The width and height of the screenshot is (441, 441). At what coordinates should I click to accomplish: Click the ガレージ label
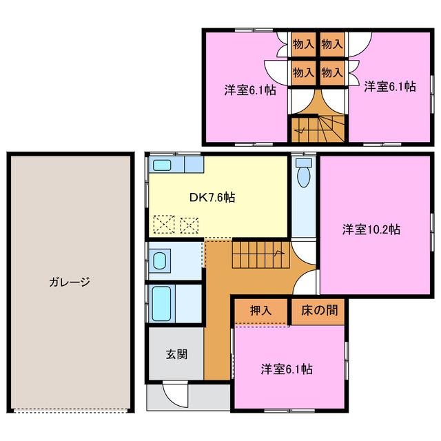pyautogui.click(x=70, y=282)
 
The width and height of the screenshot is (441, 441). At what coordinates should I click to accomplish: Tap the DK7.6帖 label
pyautogui.click(x=212, y=198)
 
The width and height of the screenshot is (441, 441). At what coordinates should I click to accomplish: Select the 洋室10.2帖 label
pyautogui.click(x=371, y=229)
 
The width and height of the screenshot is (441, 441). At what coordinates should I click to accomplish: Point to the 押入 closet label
pyautogui.click(x=260, y=311)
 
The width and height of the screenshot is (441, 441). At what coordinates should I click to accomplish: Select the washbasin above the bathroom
pyautogui.click(x=159, y=261)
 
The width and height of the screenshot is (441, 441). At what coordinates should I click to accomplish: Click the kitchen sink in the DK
pyautogui.click(x=163, y=165)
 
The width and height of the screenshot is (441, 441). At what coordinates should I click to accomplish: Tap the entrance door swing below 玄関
pyautogui.click(x=176, y=396)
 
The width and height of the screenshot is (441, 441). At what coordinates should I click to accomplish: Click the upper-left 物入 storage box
pyautogui.click(x=303, y=44)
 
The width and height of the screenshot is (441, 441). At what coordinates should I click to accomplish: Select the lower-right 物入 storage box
pyautogui.click(x=332, y=71)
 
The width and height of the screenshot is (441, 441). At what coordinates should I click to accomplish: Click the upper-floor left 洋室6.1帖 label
pyautogui.click(x=249, y=89)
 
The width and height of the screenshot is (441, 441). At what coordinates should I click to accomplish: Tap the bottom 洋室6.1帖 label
pyautogui.click(x=286, y=369)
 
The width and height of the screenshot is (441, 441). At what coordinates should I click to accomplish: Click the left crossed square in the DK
pyautogui.click(x=164, y=224)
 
